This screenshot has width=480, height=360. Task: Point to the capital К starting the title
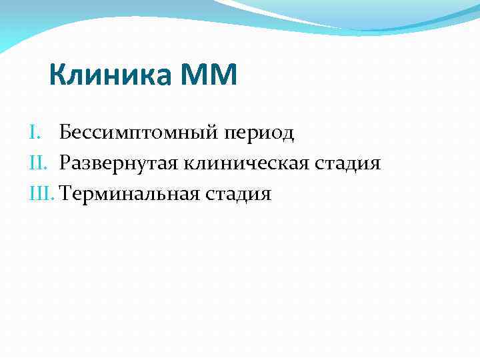point(57,75)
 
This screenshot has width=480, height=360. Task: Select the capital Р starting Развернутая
point(65,163)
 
